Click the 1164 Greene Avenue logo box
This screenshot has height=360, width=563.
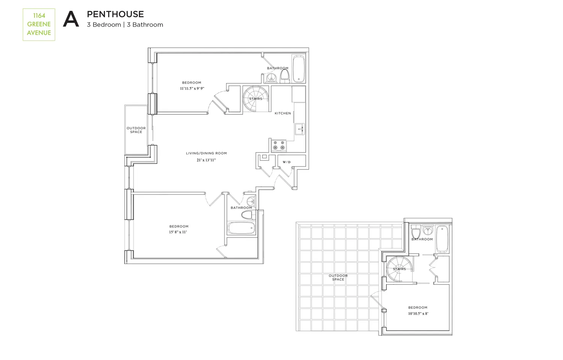point(39,24)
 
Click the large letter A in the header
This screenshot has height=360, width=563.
point(71,19)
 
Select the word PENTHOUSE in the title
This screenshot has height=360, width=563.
point(115,14)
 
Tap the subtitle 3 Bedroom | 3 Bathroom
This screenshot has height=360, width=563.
point(125,25)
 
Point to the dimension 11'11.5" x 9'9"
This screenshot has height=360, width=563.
point(192,89)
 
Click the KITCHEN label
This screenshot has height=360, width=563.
point(283,113)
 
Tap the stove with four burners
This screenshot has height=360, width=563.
point(279,145)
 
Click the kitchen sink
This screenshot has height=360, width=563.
point(300,129)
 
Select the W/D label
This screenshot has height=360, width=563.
point(287,162)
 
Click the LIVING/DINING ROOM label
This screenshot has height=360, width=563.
point(206,153)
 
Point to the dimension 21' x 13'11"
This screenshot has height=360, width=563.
point(206,160)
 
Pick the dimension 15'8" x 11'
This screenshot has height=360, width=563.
point(178,232)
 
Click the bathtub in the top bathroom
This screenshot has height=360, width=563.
point(299,69)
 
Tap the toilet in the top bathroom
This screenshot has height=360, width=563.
point(284,76)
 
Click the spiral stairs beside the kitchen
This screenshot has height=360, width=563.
point(255,99)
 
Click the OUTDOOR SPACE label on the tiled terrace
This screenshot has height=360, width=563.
point(338,277)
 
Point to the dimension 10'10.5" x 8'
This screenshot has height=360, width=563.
point(418,313)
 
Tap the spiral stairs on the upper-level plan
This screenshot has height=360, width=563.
point(399,269)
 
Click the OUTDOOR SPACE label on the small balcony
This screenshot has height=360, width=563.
point(136,130)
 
